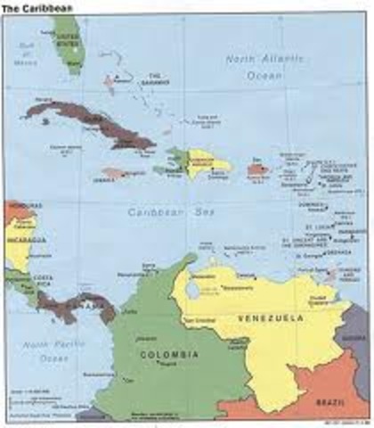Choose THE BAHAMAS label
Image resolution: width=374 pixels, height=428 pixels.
tap(156, 79)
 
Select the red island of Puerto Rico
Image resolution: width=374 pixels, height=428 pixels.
tap(257, 169)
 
